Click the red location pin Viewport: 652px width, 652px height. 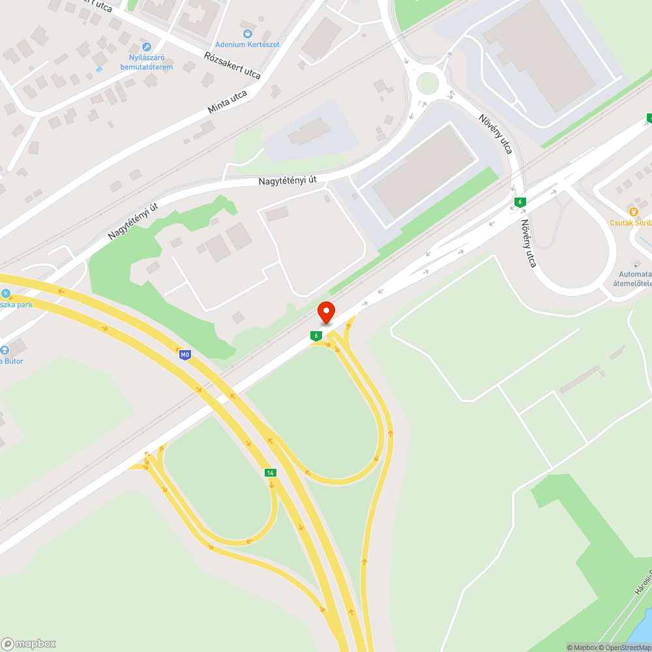[x=326, y=312]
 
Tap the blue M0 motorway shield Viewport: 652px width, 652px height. [x=185, y=355]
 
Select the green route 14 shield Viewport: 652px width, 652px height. [x=269, y=472]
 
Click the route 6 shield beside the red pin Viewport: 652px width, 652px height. [x=316, y=336]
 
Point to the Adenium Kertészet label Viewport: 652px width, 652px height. [x=247, y=44]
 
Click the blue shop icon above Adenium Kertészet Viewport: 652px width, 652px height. [x=247, y=33]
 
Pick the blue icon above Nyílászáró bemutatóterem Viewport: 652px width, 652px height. [x=146, y=47]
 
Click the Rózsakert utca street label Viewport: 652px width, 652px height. [x=232, y=65]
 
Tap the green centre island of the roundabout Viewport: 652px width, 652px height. [x=427, y=83]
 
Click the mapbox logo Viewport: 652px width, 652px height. [x=29, y=643]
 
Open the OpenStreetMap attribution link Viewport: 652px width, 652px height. [x=625, y=647]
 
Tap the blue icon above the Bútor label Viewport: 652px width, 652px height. [x=5, y=349]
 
